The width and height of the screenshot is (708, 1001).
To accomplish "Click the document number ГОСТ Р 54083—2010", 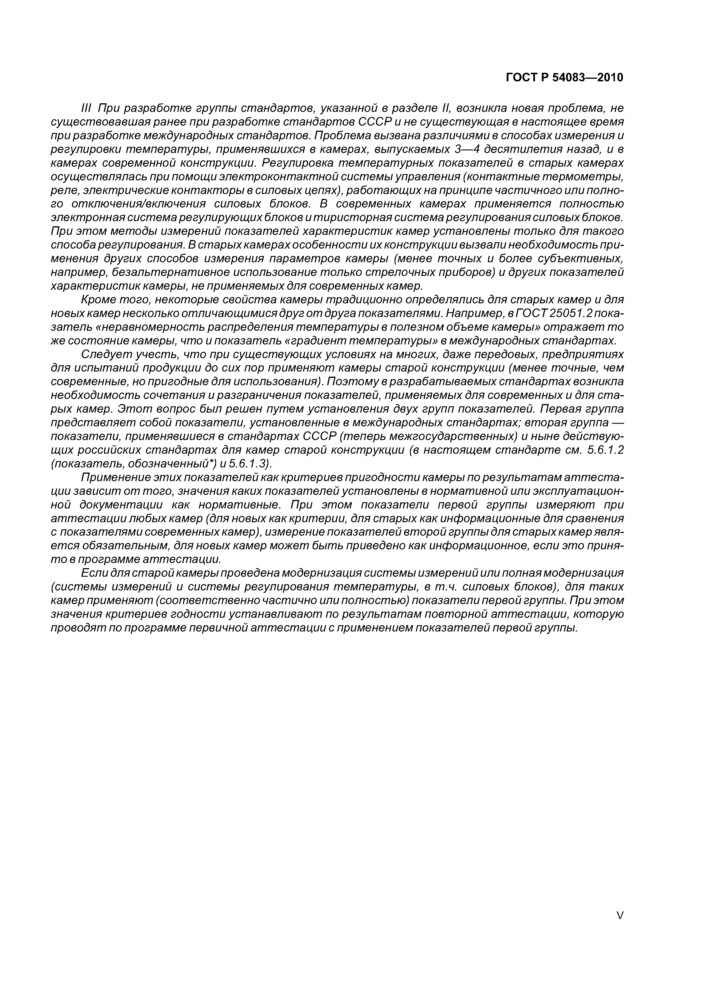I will click(x=564, y=78).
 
